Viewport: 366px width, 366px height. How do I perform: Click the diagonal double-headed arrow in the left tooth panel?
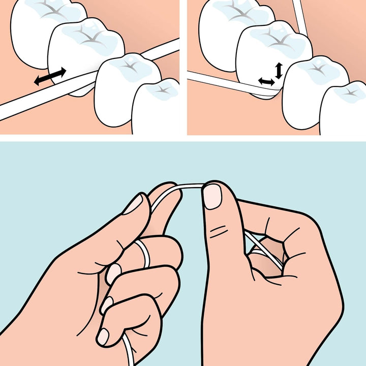point(50,76)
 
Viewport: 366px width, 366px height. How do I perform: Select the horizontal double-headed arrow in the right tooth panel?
point(266,81)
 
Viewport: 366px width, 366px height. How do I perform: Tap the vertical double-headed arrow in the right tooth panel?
point(278,70)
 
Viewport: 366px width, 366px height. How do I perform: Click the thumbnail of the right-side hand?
point(212,196)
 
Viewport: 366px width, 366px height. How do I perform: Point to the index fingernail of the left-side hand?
point(133,204)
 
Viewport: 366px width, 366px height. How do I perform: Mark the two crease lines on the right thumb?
point(219,231)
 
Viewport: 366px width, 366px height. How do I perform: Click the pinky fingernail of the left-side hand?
point(103,336)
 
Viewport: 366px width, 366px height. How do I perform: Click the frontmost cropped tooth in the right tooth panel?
point(345,109)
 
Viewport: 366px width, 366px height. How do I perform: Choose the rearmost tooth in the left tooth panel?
point(41,30)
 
